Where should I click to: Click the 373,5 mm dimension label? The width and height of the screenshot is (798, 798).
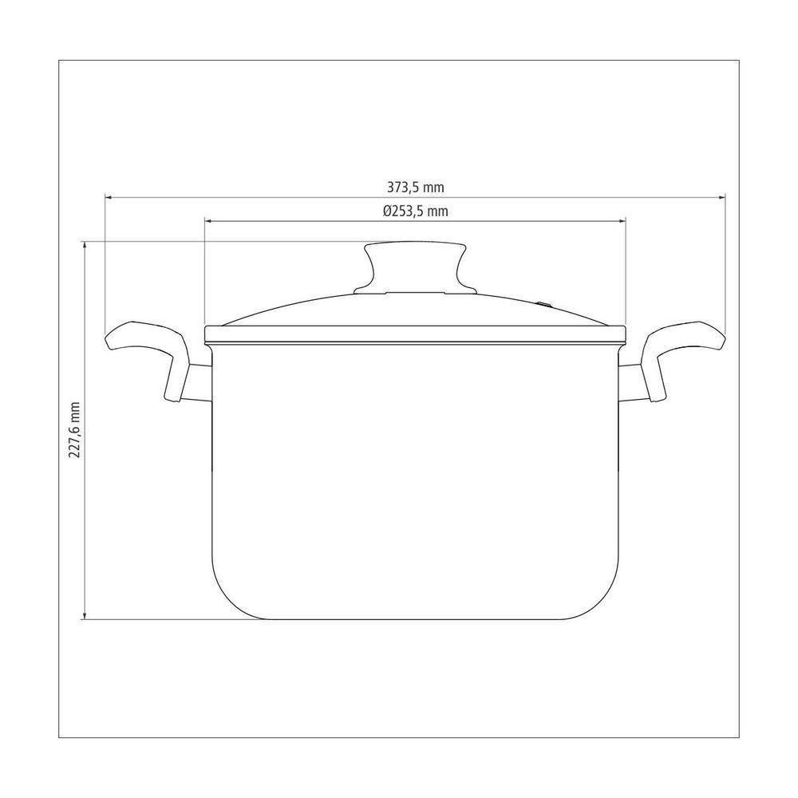415,188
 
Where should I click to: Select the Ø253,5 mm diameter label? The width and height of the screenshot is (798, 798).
415,211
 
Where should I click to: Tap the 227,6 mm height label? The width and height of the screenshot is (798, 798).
75,429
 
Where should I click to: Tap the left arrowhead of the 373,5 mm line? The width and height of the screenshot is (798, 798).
109,197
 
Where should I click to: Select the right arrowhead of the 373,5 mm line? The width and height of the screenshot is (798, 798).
721,197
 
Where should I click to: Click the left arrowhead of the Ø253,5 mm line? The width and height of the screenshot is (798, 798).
208,221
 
